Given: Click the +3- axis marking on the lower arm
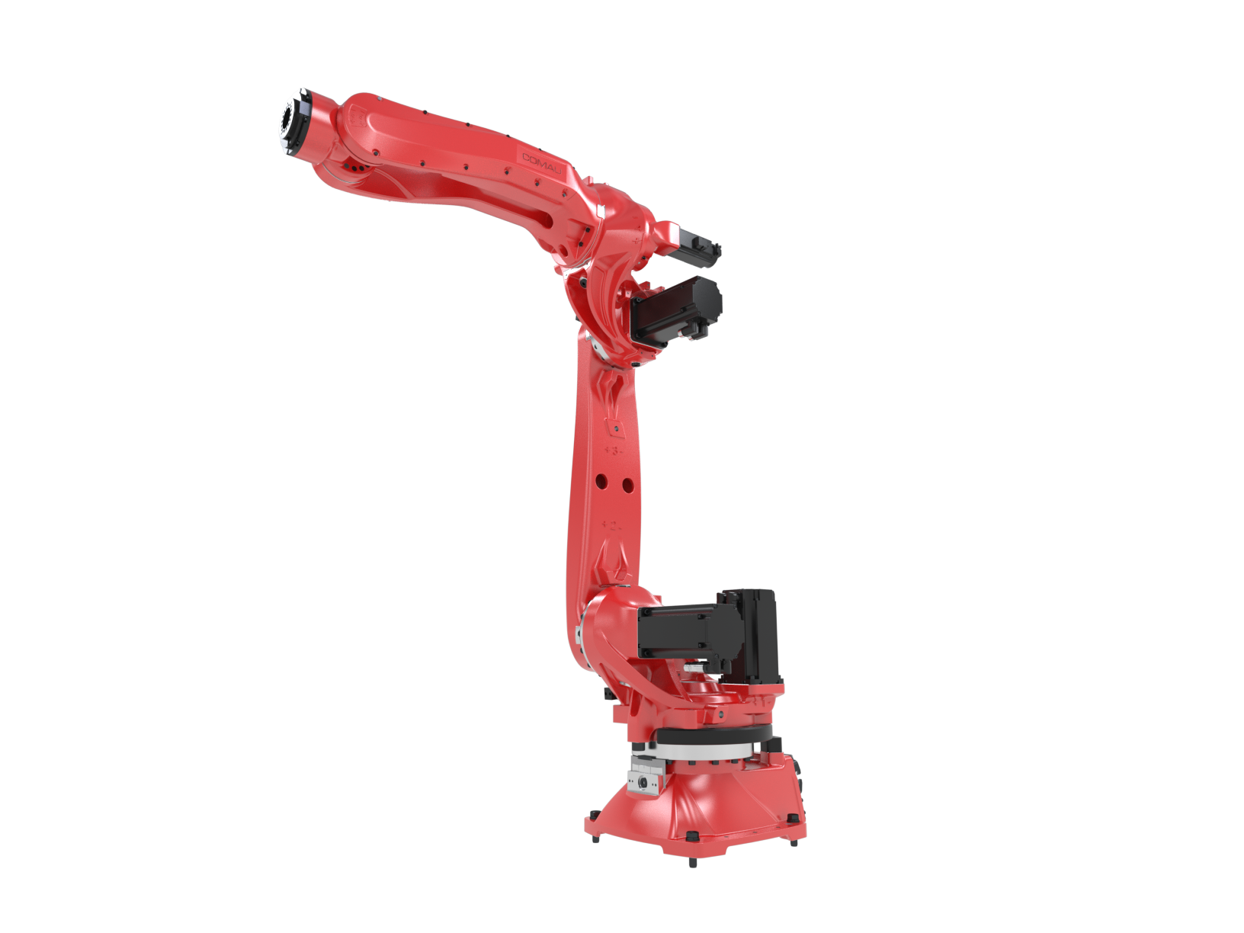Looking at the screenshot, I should [x=612, y=450].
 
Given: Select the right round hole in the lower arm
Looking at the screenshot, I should [x=627, y=484].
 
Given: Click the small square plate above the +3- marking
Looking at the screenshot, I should [x=611, y=425].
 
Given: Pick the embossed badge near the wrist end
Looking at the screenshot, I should [x=354, y=116].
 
